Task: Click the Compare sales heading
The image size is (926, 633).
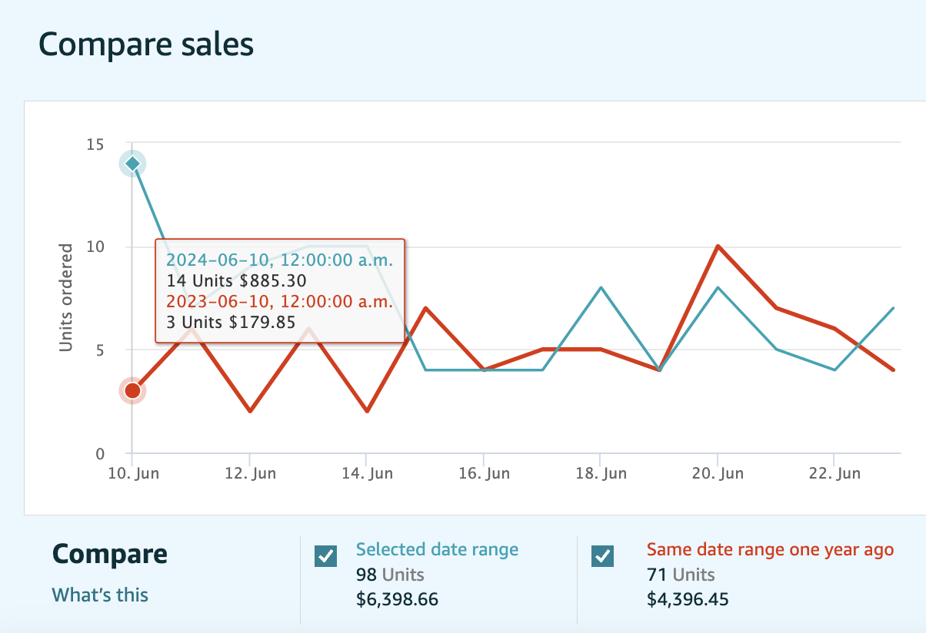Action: point(146,45)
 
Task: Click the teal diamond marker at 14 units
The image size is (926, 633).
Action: point(132,164)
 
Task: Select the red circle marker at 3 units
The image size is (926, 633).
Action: point(132,390)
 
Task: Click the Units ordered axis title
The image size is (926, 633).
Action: point(66,298)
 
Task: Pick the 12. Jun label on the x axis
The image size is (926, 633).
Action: point(250,473)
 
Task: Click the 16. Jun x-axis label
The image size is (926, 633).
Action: point(483,473)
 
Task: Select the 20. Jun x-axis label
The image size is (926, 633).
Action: point(717,473)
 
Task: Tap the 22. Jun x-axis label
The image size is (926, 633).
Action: point(834,473)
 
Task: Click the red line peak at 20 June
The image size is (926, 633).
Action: point(718,247)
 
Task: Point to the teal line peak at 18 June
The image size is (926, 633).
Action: point(600,288)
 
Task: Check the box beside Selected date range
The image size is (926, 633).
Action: point(326,556)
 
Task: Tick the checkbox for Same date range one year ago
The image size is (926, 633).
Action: point(602,556)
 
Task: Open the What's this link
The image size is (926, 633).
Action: point(100,595)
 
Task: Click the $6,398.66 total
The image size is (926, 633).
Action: point(397,599)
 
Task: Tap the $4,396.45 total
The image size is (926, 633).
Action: point(688,599)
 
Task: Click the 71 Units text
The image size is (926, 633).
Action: point(681,575)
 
